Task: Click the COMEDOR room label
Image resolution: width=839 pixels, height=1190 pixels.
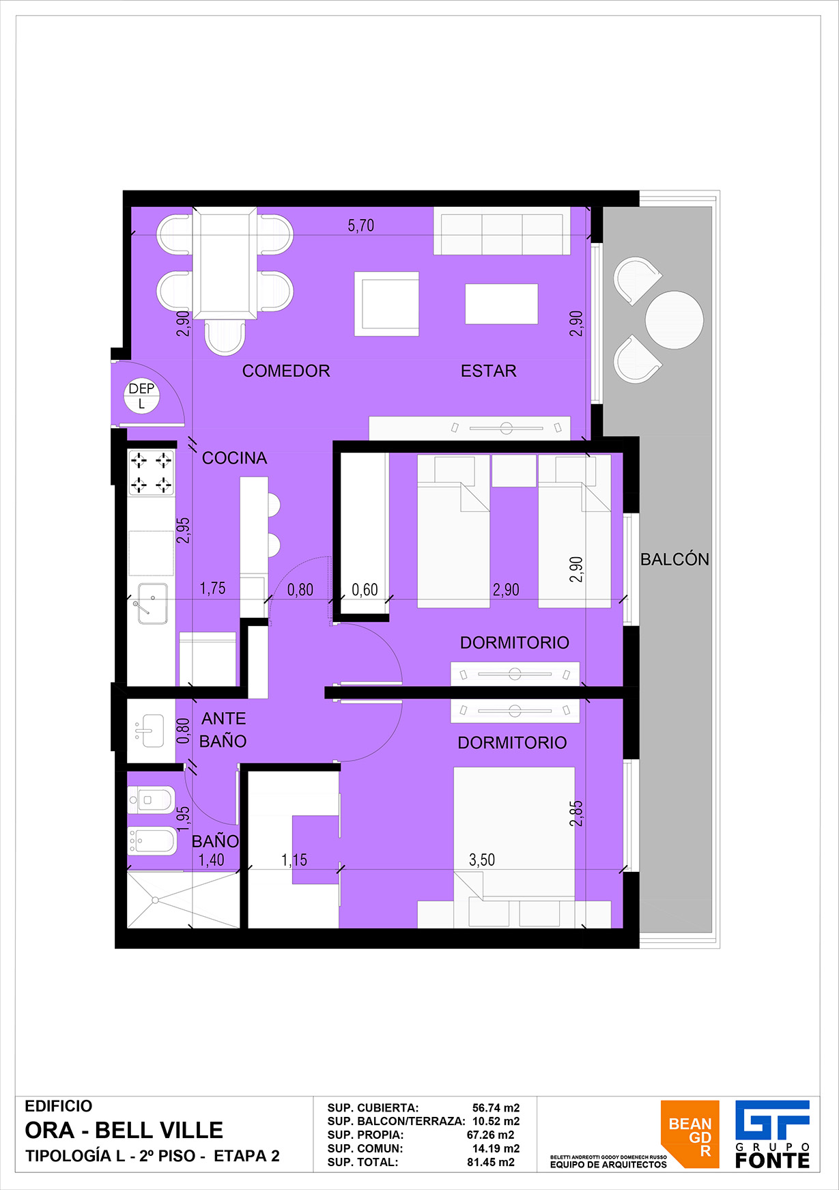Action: tap(286, 371)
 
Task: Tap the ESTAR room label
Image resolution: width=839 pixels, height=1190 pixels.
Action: tap(489, 371)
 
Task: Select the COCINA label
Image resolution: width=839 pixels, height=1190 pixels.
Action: tap(235, 458)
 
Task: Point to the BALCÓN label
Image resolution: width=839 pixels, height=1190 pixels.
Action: tap(674, 559)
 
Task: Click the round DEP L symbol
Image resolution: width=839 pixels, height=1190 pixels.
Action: tap(142, 396)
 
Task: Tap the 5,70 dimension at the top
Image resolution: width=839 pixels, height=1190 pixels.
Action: tap(361, 225)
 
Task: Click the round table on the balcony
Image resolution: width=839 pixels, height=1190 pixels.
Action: tap(674, 320)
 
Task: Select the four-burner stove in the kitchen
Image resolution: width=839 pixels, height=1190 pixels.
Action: tap(151, 472)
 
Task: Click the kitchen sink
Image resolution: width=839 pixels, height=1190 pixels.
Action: tap(153, 603)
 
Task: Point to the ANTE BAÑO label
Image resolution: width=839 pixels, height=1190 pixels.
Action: tap(223, 730)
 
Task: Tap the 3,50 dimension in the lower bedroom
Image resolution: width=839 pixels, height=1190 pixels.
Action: tap(482, 860)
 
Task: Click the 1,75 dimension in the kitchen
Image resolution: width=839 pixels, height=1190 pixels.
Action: tap(212, 589)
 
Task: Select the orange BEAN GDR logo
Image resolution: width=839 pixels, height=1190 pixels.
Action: tap(690, 1134)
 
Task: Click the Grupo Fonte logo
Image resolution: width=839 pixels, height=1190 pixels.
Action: tap(773, 1134)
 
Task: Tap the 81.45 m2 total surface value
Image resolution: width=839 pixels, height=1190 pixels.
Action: tap(491, 1162)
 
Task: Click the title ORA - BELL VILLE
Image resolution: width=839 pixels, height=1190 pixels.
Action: tap(124, 1131)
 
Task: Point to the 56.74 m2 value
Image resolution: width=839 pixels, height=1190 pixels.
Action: tap(496, 1108)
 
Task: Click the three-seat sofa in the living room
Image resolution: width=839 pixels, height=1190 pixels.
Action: tap(502, 231)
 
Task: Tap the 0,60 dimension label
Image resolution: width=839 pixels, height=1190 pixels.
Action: tap(365, 589)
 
